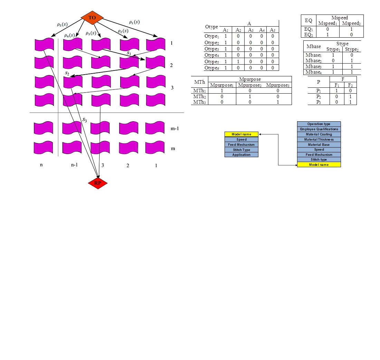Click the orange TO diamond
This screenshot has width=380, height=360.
(92, 18)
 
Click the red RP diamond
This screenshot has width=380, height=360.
(98, 183)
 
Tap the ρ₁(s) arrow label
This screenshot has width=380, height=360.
(134, 22)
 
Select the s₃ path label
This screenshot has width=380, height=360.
(84, 120)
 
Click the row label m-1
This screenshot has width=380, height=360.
(175, 129)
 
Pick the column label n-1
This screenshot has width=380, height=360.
(74, 165)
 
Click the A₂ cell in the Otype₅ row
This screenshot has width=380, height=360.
(238, 61)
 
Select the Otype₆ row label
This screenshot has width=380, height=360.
(212, 68)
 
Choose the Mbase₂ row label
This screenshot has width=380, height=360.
(313, 60)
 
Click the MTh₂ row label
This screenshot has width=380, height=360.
(200, 96)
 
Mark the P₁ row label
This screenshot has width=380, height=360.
(319, 91)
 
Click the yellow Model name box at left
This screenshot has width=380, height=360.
(241, 134)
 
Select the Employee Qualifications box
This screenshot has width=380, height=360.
(319, 129)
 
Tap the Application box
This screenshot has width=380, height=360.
(241, 155)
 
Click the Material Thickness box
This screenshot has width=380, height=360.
(319, 140)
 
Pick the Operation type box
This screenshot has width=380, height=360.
(319, 124)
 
